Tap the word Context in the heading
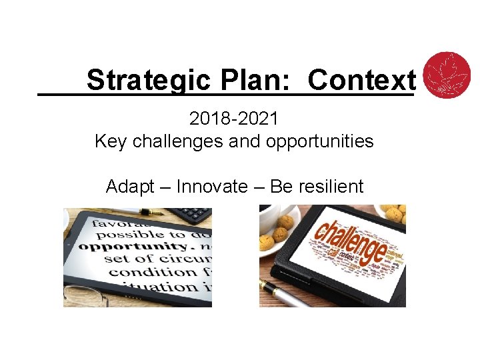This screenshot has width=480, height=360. [361, 80]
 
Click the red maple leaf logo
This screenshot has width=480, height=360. [447, 74]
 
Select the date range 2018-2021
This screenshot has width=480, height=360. [234, 119]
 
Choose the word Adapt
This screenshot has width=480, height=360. [130, 187]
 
